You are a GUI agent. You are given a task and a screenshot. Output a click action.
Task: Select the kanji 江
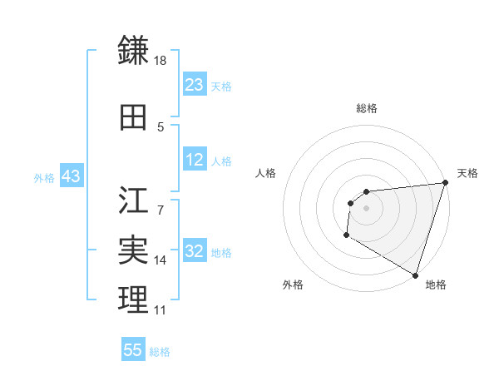click(x=133, y=200)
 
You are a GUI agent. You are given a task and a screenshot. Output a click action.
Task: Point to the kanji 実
click(x=133, y=250)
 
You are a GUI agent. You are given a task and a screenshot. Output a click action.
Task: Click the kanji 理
click(x=133, y=299)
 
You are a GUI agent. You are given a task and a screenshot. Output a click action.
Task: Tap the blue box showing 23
click(x=194, y=84)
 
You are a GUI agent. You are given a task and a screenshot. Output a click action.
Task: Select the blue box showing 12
click(x=194, y=161)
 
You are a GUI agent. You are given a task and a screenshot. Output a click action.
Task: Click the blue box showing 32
click(x=194, y=252)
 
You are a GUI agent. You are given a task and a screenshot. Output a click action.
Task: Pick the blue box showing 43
click(x=70, y=177)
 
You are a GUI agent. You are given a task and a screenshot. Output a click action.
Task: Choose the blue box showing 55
click(x=133, y=350)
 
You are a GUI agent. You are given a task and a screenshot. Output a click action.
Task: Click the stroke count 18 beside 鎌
click(x=161, y=61)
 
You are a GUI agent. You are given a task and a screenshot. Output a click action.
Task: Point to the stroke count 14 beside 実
click(x=161, y=260)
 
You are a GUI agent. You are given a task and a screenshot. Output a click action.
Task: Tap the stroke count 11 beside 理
click(x=160, y=310)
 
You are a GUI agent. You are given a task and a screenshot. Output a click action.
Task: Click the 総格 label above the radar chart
click(x=366, y=109)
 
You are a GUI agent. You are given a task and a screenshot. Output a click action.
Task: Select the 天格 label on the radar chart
click(x=467, y=173)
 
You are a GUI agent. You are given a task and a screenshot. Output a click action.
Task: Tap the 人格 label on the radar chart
click(x=266, y=173)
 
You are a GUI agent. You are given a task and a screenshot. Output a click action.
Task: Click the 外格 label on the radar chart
click(x=293, y=285)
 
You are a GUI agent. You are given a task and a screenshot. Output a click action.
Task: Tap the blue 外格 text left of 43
click(x=43, y=178)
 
